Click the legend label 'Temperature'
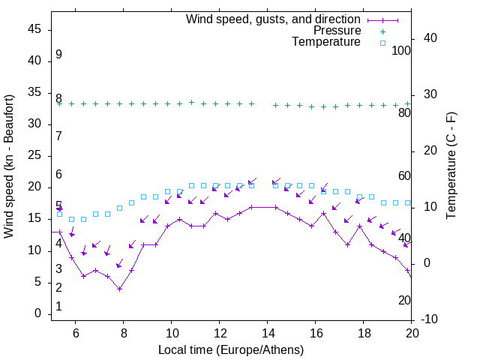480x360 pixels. [x=326, y=42]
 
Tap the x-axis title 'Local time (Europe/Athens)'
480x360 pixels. [x=231, y=349]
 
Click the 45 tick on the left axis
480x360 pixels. [x=34, y=29]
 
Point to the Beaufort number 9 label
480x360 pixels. [x=58, y=55]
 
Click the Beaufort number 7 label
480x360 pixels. [x=58, y=136]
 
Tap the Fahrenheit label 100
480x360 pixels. [x=402, y=50]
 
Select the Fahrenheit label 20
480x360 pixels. [x=405, y=300]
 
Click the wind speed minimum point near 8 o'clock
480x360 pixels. [x=119, y=289]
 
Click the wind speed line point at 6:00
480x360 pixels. [x=72, y=257]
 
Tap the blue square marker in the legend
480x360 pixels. [x=382, y=43]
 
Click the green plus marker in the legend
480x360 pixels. [x=382, y=31]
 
